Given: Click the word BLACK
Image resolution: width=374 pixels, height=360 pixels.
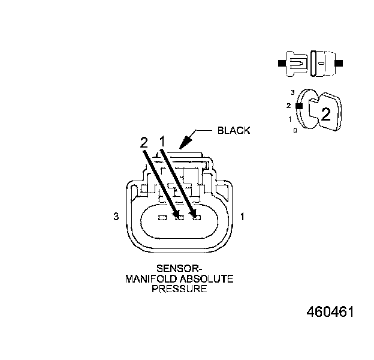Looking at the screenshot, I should pos(234,130).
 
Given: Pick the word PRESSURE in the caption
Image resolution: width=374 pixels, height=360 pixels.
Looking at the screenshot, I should pos(179,289).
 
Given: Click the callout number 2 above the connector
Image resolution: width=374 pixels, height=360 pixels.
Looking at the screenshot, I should pos(144,142).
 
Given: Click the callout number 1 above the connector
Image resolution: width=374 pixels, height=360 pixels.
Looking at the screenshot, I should pos(162,141).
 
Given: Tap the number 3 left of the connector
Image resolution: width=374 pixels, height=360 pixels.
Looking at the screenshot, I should pos(116,217).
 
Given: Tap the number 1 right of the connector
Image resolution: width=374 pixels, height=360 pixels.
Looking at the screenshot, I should pos(242,216).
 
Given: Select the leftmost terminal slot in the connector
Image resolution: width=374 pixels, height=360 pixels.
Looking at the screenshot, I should pos(161,218).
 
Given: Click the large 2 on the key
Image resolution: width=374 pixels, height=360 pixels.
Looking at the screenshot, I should pos(325,114).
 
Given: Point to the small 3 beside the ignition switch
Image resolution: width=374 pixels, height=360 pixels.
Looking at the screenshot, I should pos(292,92).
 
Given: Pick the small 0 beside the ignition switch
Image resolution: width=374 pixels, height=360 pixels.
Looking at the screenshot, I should pos(295,130).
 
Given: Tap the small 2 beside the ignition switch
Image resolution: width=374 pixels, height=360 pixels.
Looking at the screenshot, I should pos(289,106).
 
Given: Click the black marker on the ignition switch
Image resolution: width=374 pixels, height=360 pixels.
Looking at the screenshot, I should pos(298,105).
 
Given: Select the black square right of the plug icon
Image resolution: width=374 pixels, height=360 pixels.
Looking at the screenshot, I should pos(339,63).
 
